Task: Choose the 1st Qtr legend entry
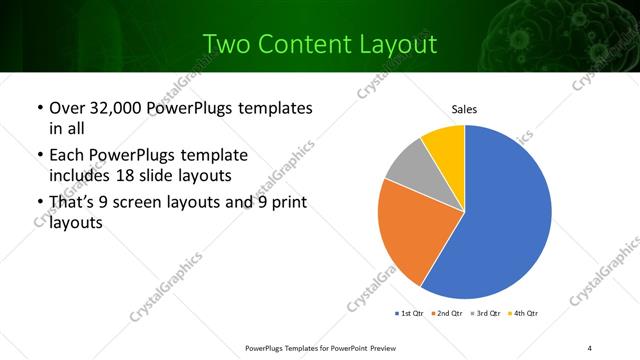(x=409, y=314)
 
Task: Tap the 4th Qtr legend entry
(x=526, y=314)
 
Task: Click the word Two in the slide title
(x=226, y=44)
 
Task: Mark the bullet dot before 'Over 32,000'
(x=39, y=108)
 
